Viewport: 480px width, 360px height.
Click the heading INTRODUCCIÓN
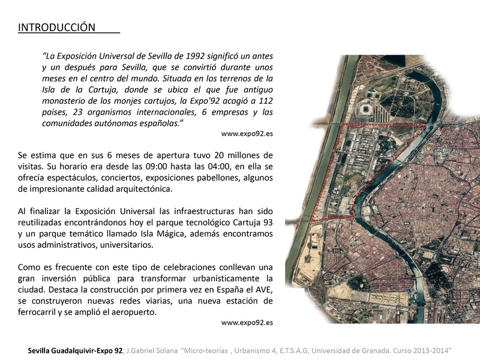pos(56,28)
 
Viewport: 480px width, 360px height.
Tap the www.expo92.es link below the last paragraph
pos(247,323)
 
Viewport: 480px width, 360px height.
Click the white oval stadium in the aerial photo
pos(367,109)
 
